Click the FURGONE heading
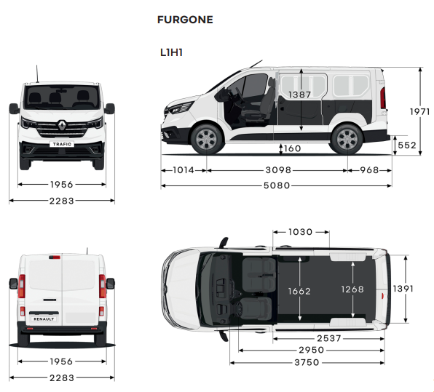[185, 20]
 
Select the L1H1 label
[171, 52]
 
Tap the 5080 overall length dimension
[277, 185]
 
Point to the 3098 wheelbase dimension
[278, 169]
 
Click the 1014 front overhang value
[184, 169]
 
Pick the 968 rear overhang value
[369, 169]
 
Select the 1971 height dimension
[419, 112]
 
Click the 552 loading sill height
[407, 145]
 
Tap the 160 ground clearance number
[292, 148]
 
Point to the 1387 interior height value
[299, 95]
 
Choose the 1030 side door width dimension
[300, 232]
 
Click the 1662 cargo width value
[299, 291]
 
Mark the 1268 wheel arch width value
[352, 289]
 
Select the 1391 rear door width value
[403, 289]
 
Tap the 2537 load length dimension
[329, 338]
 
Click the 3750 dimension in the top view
[307, 362]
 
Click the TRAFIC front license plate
[62, 144]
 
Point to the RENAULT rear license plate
[44, 319]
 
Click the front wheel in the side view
[207, 139]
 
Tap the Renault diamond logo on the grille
[63, 125]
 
